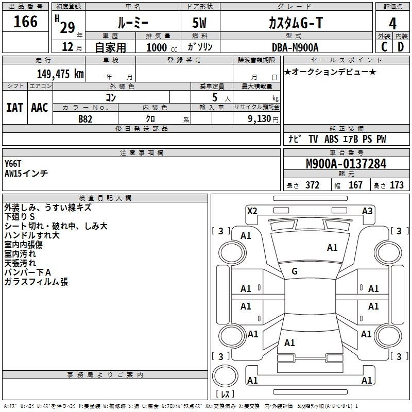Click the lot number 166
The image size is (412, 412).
(25, 22)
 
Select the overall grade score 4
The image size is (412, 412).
(392, 24)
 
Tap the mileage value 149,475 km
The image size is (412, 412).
(60, 74)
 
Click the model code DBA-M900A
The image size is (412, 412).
(295, 47)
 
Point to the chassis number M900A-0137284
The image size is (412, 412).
(346, 164)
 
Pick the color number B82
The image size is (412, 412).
(85, 119)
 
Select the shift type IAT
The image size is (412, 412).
(14, 108)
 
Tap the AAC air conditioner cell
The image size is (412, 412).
(40, 108)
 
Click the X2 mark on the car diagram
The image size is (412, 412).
(252, 211)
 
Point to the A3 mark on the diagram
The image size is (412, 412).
(367, 211)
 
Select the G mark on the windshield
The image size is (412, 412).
(295, 271)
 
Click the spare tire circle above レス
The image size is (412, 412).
(225, 376)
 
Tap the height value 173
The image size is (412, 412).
(397, 185)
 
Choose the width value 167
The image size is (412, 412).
(355, 185)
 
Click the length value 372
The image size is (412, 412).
(313, 185)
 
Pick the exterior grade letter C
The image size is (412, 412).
(384, 47)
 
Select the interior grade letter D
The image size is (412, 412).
(401, 47)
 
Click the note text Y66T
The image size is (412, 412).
(12, 164)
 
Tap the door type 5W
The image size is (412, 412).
(199, 23)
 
